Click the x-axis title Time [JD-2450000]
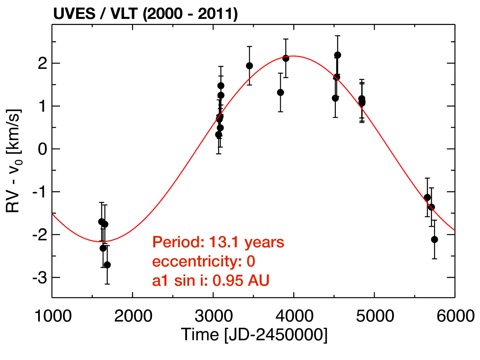(x=254, y=335)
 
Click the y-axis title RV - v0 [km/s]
(x=14, y=161)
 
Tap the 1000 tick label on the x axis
(x=53, y=316)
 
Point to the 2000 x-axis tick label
(x=133, y=316)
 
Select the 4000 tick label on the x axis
(x=294, y=316)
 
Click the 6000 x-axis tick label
(x=455, y=316)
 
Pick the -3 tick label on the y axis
(x=40, y=278)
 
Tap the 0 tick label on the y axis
(x=43, y=149)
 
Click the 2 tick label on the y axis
(x=43, y=63)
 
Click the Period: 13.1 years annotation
(x=218, y=242)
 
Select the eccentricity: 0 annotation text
(x=204, y=261)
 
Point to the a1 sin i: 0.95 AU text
(x=211, y=281)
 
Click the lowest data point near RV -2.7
(x=107, y=265)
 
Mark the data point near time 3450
(x=249, y=65)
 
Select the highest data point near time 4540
(x=338, y=55)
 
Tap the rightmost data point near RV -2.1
(x=434, y=239)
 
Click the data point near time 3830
(x=281, y=92)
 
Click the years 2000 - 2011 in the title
(x=190, y=14)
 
